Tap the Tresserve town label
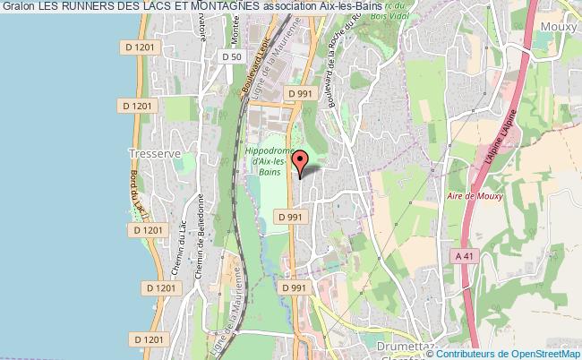148,152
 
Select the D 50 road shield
231,56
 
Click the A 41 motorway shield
463,256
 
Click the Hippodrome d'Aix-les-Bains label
270,160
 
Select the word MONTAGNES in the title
227,7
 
